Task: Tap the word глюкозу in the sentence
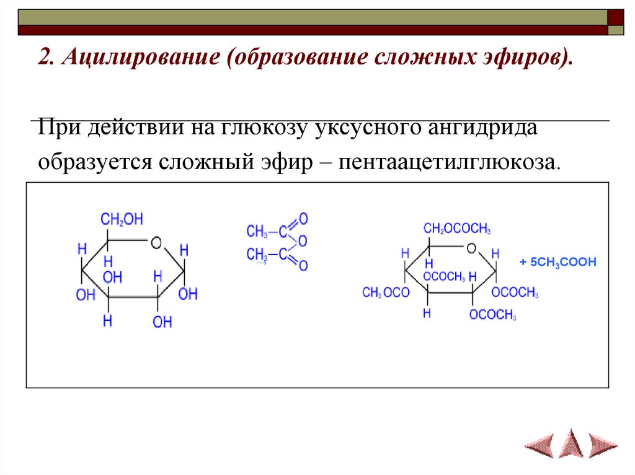264,128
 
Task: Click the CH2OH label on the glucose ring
122,219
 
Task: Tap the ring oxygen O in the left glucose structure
156,242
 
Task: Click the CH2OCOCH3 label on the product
457,230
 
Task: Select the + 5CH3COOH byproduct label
557,263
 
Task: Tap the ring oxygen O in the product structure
471,248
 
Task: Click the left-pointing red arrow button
539,443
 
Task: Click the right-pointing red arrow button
603,443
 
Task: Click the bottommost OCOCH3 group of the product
493,315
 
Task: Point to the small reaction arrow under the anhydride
261,263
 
